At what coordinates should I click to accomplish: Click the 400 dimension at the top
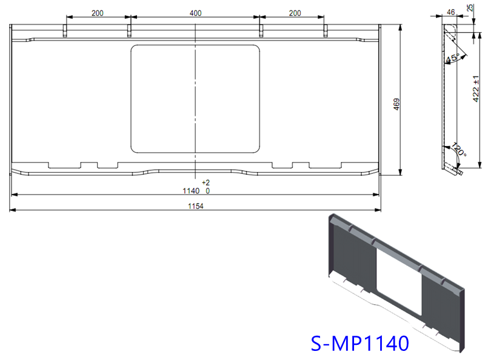coord(195,13)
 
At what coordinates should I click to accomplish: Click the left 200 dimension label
coord(97,13)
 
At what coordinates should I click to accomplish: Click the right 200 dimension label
coord(294,13)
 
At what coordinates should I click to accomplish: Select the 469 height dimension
coord(396,103)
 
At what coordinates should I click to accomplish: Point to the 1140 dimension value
coord(191,190)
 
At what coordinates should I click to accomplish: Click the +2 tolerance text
coord(206,182)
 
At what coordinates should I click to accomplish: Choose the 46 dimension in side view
coord(450,12)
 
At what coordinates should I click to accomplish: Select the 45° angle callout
coord(452,59)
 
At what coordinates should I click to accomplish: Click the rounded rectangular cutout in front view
coord(195,98)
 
